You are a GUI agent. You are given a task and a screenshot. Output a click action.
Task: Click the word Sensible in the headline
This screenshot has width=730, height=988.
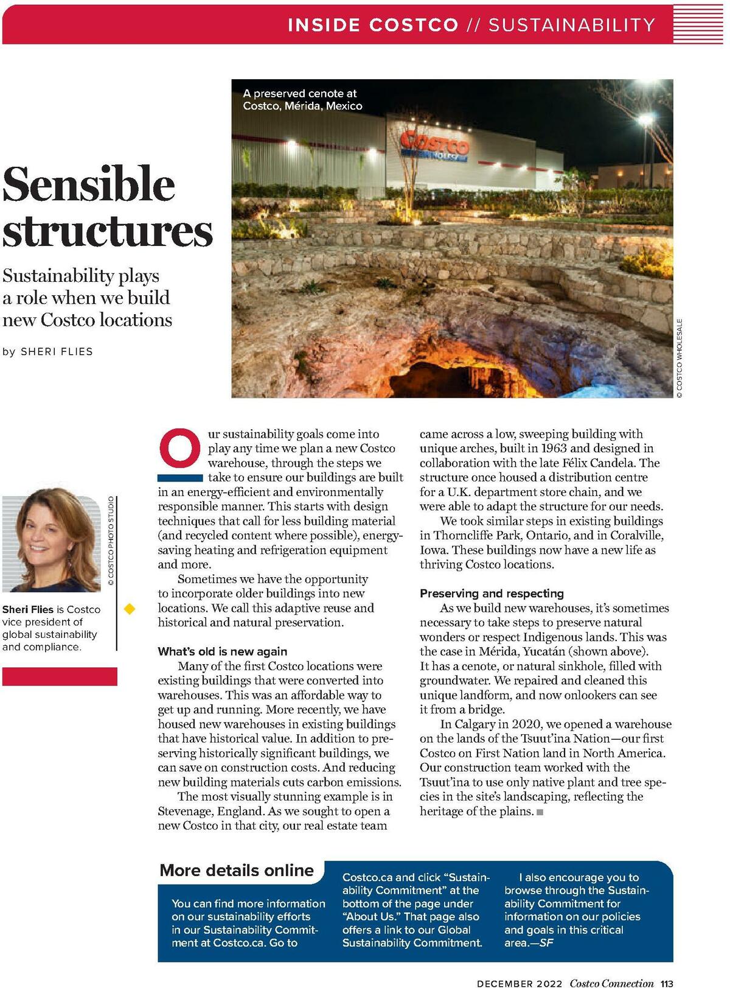click(89, 184)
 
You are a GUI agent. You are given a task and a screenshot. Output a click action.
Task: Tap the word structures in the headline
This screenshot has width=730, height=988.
click(108, 231)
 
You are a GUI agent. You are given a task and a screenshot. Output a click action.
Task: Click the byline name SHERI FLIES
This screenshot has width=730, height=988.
click(57, 352)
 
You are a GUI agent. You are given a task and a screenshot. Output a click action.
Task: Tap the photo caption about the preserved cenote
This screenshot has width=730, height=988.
click(302, 100)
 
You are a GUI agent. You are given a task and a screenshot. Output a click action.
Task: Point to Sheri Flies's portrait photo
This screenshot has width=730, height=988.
click(51, 544)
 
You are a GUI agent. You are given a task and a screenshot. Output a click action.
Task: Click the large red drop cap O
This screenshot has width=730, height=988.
click(180, 449)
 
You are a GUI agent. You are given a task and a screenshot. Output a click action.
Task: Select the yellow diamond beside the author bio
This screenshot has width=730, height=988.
click(130, 608)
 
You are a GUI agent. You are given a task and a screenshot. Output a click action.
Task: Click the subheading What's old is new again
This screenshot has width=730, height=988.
click(222, 651)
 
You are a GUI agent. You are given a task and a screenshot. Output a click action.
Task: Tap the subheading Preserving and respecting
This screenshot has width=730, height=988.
click(492, 594)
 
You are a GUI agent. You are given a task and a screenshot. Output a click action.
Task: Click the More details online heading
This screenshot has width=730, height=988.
click(237, 871)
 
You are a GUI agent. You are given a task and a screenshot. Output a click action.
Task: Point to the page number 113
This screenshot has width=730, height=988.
click(667, 983)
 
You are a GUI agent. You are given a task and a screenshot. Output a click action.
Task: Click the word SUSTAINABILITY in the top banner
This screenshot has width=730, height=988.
click(572, 25)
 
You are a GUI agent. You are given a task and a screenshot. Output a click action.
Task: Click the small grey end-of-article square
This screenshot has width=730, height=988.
click(540, 812)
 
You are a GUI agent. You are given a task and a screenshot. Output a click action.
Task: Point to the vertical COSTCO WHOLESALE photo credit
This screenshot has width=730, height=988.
click(680, 359)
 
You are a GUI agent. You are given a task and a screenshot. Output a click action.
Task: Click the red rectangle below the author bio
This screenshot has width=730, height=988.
click(60, 676)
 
